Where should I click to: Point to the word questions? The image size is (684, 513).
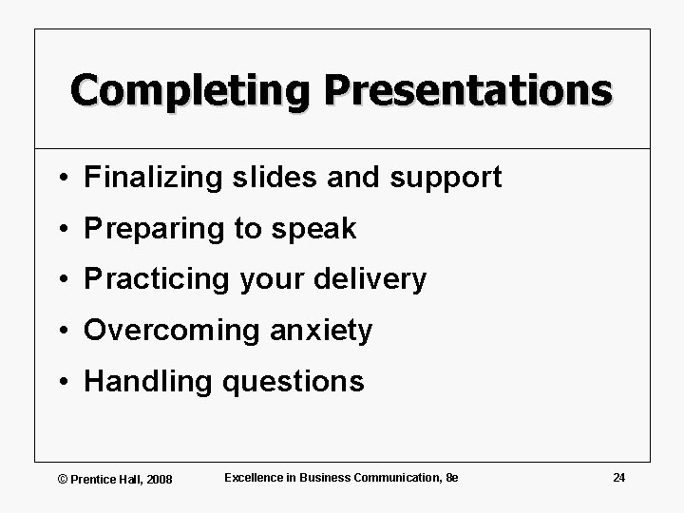tap(292, 383)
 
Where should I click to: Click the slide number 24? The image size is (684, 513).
tap(618, 477)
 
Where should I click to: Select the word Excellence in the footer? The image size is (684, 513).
tap(255, 477)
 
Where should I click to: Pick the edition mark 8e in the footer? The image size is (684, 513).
tap(451, 477)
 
